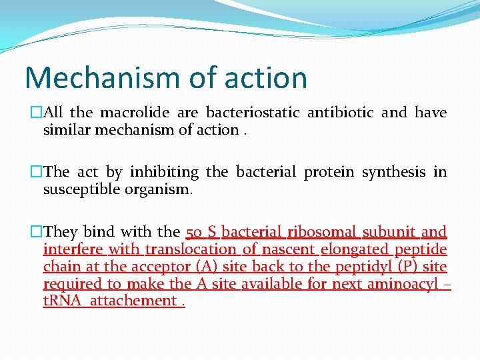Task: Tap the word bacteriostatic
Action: tap(253, 113)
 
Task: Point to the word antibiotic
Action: tap(340, 113)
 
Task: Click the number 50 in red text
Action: tap(194, 232)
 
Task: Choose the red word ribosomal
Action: tap(323, 232)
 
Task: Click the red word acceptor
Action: tap(160, 267)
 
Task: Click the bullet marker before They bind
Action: tap(37, 232)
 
